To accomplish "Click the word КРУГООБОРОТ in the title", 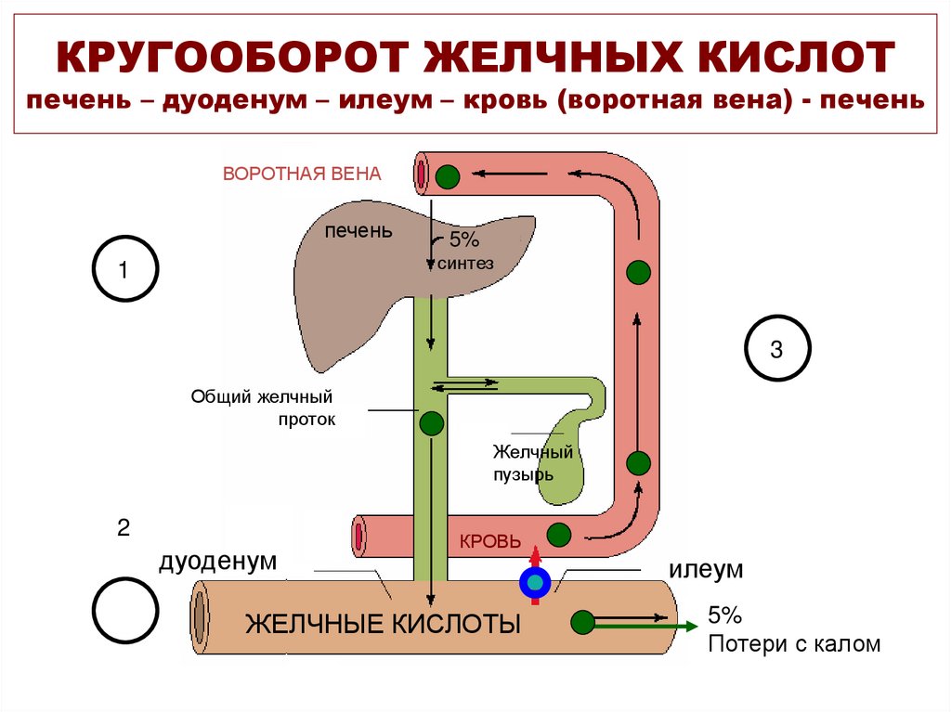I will pos(228,58).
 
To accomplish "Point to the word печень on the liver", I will pos(358,230).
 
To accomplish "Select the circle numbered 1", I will pos(125,269).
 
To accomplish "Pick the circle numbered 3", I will pos(777,350).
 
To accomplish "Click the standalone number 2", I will pos(124,529).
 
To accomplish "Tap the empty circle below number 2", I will pos(125,610).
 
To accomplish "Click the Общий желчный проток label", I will pos(262,408).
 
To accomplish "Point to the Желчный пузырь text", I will pos(532,462).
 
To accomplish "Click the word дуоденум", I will pos(218,561).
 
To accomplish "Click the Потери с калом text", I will pos(794,643).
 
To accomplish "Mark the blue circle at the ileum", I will pos(535,582).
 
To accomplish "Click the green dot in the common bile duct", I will pos(431,424).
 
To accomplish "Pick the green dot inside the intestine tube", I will pos(582,621).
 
